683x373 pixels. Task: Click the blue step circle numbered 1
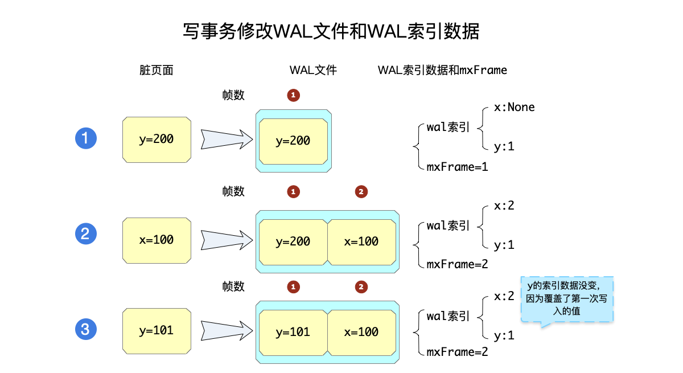click(x=86, y=138)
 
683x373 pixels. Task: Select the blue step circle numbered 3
click(x=86, y=329)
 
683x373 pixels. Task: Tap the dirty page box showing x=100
click(x=157, y=240)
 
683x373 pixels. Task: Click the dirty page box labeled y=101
click(x=157, y=330)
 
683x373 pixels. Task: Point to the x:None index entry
click(x=514, y=107)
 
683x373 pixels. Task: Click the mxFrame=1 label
click(x=457, y=167)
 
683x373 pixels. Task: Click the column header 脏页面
click(x=157, y=70)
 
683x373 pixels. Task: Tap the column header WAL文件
click(x=313, y=70)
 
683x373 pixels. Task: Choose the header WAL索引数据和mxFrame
click(x=442, y=70)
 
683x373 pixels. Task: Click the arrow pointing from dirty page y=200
click(x=226, y=139)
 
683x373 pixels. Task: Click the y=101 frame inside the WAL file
click(x=293, y=332)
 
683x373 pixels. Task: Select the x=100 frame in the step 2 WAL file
click(x=361, y=241)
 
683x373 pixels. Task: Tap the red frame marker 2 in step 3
click(x=361, y=286)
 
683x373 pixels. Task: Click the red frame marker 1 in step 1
click(x=293, y=95)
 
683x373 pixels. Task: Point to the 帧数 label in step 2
click(x=233, y=191)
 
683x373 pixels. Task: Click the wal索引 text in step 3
click(x=448, y=316)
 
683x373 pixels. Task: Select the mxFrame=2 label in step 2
click(x=457, y=264)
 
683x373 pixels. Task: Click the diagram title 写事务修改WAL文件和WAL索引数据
click(x=331, y=31)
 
